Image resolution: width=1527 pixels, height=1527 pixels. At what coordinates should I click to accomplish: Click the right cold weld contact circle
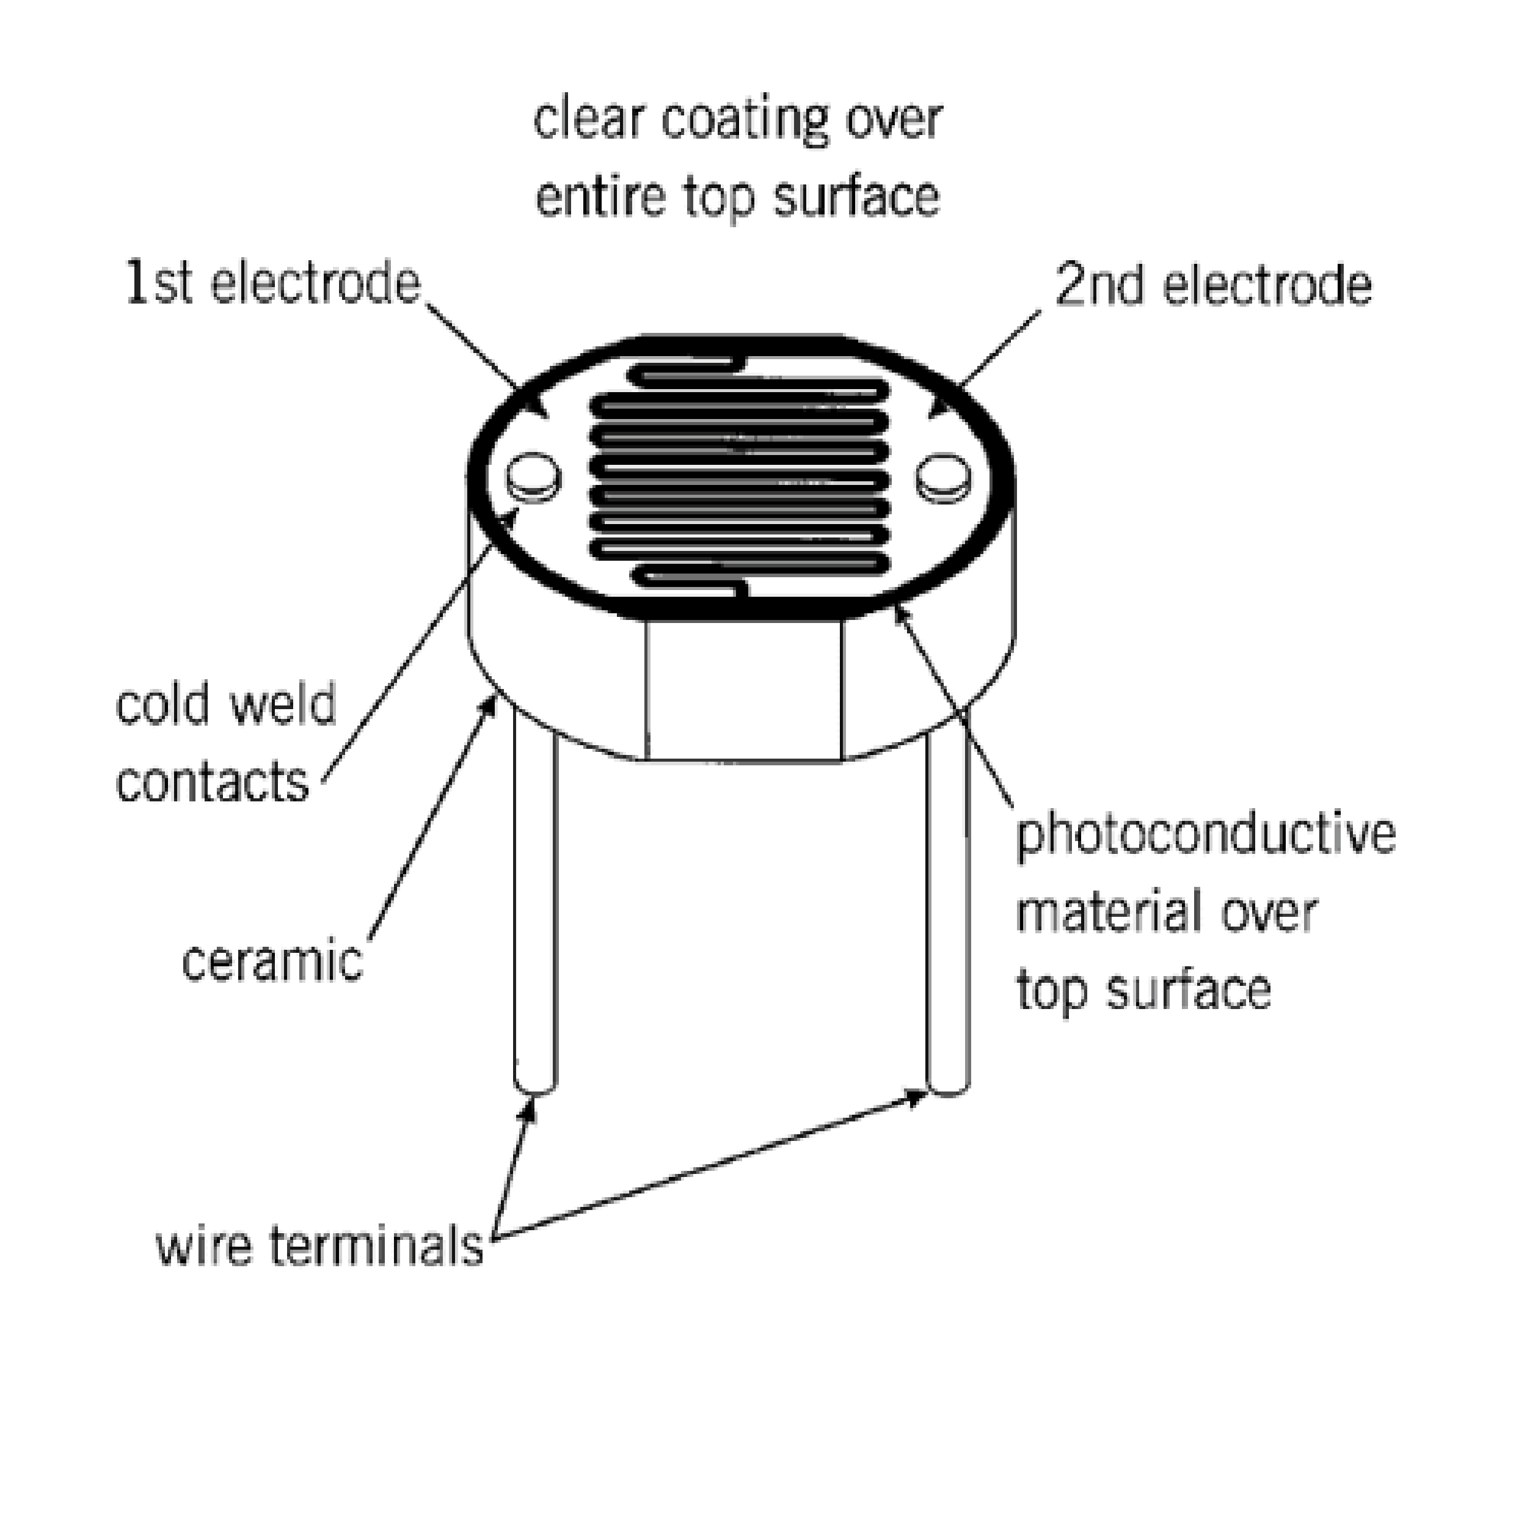[x=944, y=476]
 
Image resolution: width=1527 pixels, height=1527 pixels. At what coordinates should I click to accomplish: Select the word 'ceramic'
[x=272, y=962]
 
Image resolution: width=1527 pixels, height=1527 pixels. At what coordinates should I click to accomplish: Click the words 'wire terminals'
[x=319, y=1247]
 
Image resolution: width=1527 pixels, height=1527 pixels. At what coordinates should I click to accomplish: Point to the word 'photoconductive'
[x=1205, y=836]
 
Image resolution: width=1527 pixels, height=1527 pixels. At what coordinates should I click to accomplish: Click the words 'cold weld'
[x=226, y=704]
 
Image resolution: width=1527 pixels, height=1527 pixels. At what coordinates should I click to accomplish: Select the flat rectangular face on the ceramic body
[x=744, y=689]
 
